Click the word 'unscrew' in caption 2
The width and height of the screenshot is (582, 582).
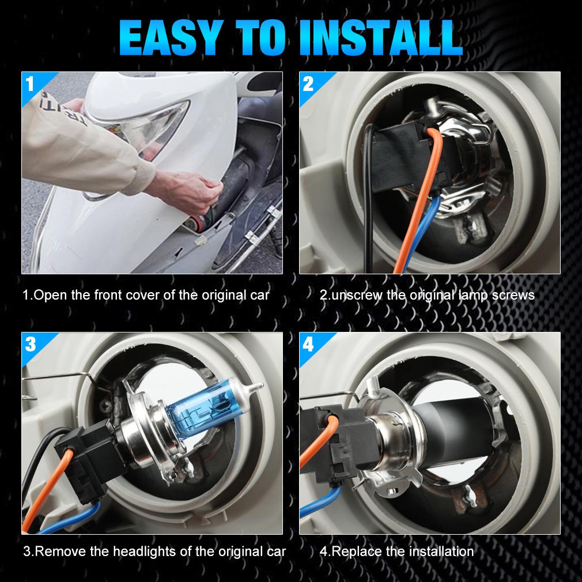(x=357, y=296)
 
